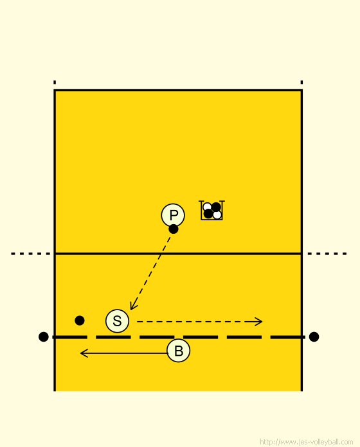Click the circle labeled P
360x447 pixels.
[x=173, y=215]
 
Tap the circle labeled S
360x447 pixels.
[x=117, y=321]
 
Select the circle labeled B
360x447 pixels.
[x=179, y=351]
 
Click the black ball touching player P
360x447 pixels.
[x=174, y=229]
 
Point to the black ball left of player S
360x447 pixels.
[x=80, y=320]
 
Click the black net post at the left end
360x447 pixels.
[x=43, y=337]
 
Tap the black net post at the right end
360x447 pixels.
[x=314, y=337]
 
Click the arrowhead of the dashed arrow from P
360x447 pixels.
[x=132, y=307]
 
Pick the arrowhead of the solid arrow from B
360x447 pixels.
[x=83, y=353]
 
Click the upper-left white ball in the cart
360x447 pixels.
[x=207, y=207]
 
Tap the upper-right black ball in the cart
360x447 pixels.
[x=216, y=207]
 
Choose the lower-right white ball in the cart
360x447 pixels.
[x=217, y=215]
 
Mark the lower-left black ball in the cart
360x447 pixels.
[x=208, y=214]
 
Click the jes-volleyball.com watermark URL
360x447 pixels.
[x=307, y=442]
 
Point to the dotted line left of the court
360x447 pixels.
[x=30, y=254]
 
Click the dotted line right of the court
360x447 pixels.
[x=327, y=254]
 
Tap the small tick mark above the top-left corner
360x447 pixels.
[x=55, y=82]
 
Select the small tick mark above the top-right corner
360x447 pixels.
[x=301, y=82]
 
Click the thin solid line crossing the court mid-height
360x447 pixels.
[x=178, y=254]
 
